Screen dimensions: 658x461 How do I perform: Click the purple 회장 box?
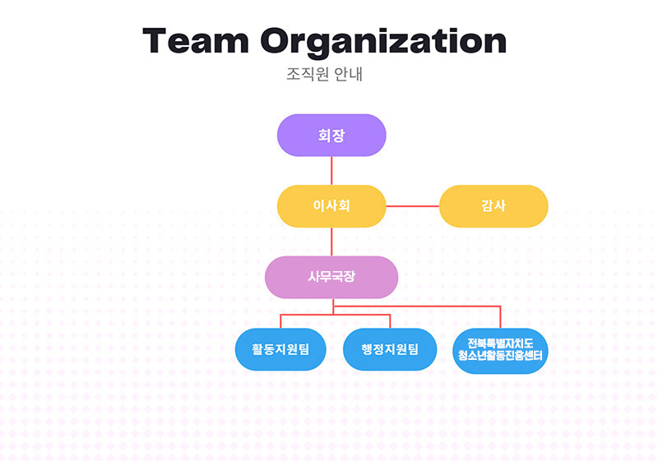coord(331,135)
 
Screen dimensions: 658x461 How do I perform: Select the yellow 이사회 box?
coord(331,206)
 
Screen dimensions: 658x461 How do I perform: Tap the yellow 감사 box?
coord(493,206)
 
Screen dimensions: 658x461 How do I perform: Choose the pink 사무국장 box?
coord(331,277)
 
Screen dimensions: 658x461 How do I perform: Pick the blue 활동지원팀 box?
coord(280,349)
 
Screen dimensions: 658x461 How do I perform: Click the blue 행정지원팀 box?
coord(390,349)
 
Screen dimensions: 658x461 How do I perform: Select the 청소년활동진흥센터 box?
coord(500,351)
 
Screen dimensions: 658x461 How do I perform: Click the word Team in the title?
coord(196,40)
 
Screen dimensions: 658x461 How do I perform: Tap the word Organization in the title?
coord(383,42)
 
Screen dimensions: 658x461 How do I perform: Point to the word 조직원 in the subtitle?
coord(308,74)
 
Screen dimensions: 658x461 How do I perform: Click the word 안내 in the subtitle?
coord(348,74)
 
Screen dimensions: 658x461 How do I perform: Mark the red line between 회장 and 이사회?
coord(331,171)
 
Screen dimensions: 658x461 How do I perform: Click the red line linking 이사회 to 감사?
coord(413,206)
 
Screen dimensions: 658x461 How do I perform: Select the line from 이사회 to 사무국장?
coord(331,242)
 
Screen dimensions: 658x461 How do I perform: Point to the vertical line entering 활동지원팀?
coord(280,321)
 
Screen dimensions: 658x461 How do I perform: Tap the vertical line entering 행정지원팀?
coord(390,321)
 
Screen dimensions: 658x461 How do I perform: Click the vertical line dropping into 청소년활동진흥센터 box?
coord(500,317)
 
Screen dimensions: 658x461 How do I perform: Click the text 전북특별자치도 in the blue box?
coord(500,343)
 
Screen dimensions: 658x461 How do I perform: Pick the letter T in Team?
coord(156,40)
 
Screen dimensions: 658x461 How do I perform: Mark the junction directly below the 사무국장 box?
coord(333,307)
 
